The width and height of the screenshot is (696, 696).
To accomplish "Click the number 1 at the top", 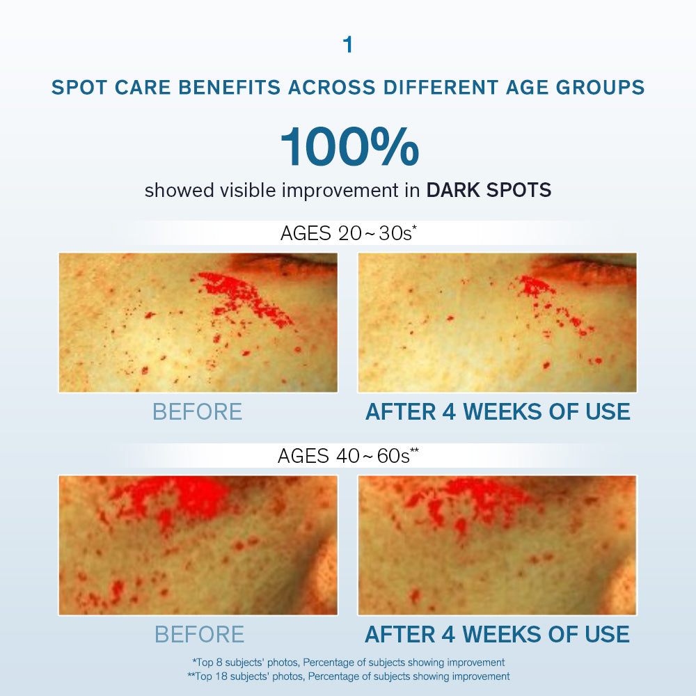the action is point(347,45).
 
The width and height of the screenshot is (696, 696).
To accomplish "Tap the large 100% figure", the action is point(350,147).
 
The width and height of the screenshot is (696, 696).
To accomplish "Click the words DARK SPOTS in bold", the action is point(489,190).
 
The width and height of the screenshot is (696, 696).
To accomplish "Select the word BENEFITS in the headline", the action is point(230,87).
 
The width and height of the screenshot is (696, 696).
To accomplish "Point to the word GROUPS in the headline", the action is point(600,87).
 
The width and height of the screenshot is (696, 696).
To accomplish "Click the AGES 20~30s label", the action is point(349,233).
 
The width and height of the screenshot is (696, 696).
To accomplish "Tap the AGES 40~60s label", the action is point(349,455).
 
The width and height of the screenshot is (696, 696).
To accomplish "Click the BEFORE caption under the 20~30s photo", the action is point(198,411).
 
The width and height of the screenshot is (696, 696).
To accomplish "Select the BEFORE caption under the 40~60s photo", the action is point(199,634).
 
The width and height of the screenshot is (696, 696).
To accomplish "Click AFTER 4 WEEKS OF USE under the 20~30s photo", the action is point(498,411).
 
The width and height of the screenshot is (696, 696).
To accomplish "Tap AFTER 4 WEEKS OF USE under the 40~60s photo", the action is point(497,634).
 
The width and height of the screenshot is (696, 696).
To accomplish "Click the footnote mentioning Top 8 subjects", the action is point(349,663).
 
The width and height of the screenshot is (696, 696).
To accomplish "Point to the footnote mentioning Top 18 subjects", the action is point(349,676).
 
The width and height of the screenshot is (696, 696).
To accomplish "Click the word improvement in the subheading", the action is point(340,191).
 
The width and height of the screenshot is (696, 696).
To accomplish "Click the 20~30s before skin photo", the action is point(198,323).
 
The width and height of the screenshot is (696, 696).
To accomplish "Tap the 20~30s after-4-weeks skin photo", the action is point(497,323).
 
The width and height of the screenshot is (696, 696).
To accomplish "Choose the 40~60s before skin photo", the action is point(198,545).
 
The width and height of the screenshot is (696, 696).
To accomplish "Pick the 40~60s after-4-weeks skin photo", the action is point(497,545).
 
